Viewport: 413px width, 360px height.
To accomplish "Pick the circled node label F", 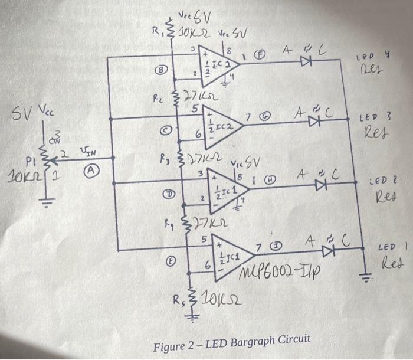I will [258, 56].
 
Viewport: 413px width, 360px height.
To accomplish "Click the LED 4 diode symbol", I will [307, 60].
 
